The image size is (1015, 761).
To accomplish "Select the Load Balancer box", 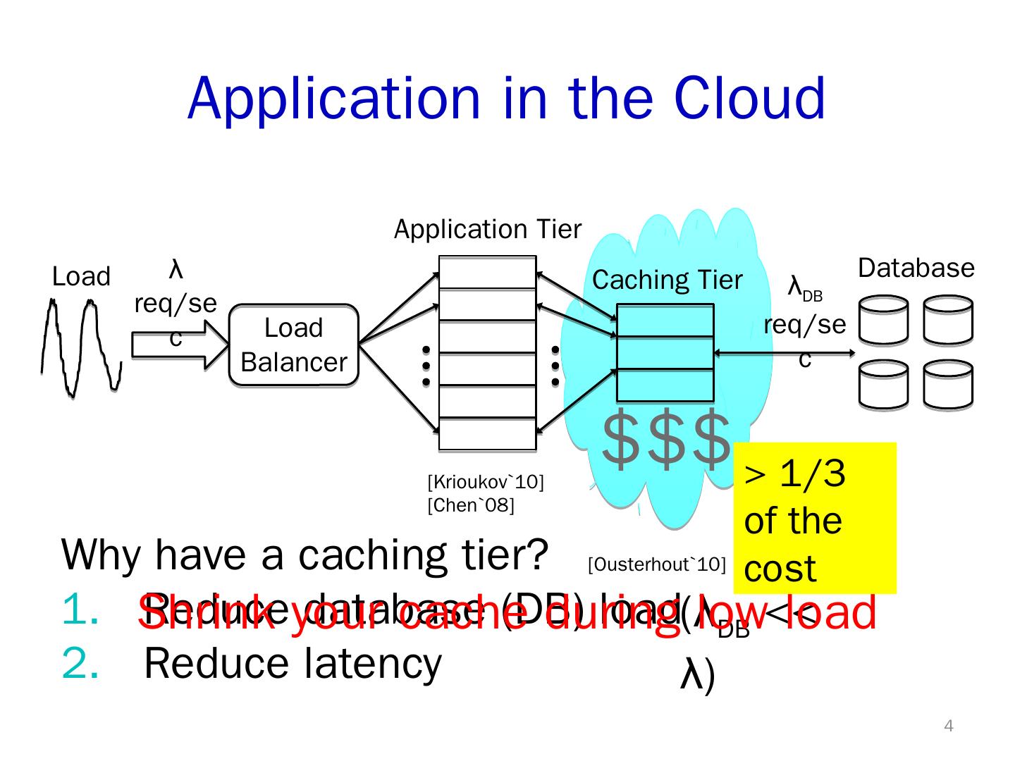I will (293, 345).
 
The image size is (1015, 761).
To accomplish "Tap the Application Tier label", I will (487, 230).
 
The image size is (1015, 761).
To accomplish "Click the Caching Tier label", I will (667, 280).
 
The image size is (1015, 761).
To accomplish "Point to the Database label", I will (916, 268).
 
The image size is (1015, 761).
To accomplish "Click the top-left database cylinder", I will (883, 320).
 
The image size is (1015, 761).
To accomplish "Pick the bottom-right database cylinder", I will (948, 385).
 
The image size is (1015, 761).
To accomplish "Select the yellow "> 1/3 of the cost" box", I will (814, 518).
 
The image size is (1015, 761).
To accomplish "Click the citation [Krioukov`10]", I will (485, 483).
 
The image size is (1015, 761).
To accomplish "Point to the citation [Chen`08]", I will (471, 505).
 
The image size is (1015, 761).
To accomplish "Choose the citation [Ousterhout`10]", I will (656, 564).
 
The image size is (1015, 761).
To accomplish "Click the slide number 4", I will (948, 726).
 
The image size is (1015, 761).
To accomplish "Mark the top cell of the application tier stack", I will (487, 272).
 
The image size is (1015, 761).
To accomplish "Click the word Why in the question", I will (102, 555).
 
